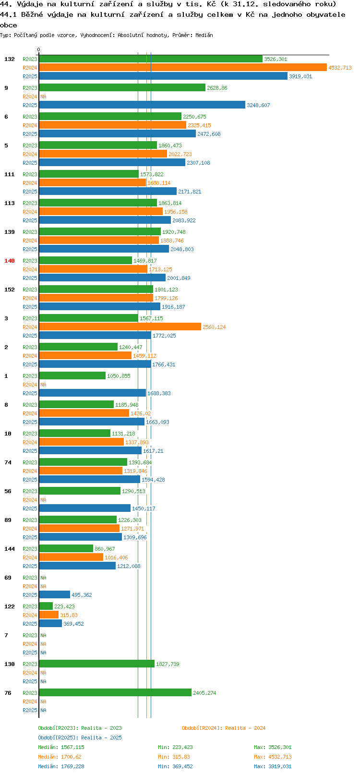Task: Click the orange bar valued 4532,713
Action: pos(183,68)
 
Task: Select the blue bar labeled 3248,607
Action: pos(142,105)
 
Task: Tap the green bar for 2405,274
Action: pos(115,693)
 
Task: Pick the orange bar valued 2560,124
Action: pos(120,327)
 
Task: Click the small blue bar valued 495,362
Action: pos(55,594)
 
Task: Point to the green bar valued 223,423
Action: pos(46,606)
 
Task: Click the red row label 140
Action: pos(10,261)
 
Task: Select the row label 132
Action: pos(10,59)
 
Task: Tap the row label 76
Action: pos(8,693)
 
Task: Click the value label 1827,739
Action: pos(168,664)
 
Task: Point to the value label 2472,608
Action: pos(209,134)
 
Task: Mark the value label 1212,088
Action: pos(129,566)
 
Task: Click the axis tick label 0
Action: pos(38,49)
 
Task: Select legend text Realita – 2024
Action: pos(245,728)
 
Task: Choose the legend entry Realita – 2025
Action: pos(101,738)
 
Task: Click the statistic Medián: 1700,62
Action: pos(60,757)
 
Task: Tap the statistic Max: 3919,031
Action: pos(273,766)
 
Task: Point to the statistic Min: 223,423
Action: pos(175,747)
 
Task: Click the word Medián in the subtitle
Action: pos(204,35)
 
